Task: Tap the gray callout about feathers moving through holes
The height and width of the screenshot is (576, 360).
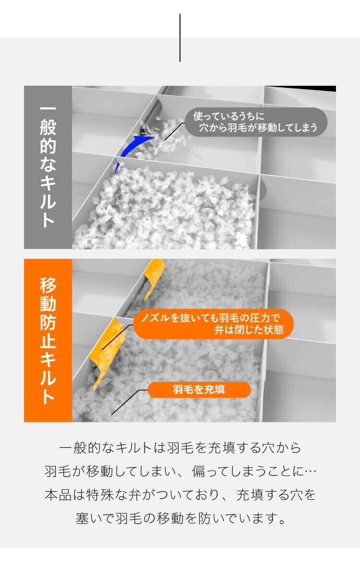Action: pyautogui.click(x=256, y=122)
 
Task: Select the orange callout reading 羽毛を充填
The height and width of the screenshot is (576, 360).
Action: pyautogui.click(x=199, y=390)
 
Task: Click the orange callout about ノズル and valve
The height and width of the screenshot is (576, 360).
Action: pyautogui.click(x=213, y=324)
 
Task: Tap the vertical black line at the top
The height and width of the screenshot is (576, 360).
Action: pyautogui.click(x=180, y=37)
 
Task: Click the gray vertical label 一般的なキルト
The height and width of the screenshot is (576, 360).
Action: pyautogui.click(x=48, y=167)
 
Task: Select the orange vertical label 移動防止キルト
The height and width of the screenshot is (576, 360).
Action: pyautogui.click(x=48, y=340)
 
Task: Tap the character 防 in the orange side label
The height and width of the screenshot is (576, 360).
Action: pyautogui.click(x=48, y=322)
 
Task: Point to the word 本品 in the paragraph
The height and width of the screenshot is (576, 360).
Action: pyautogui.click(x=58, y=495)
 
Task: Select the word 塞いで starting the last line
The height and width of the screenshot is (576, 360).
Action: pyautogui.click(x=95, y=518)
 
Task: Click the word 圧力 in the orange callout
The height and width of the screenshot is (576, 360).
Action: pyautogui.click(x=260, y=318)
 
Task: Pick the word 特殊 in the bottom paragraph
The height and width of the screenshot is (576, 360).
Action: pyautogui.click(x=100, y=495)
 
